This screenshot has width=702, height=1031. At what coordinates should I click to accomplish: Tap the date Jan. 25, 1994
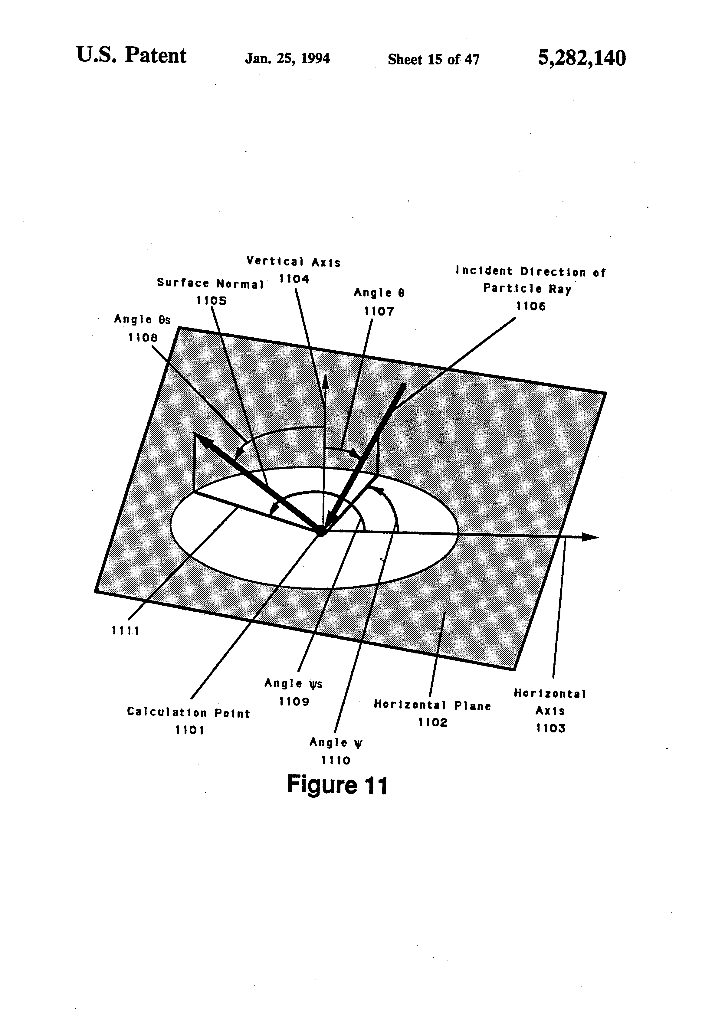(x=287, y=59)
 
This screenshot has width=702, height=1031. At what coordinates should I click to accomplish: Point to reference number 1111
(x=126, y=631)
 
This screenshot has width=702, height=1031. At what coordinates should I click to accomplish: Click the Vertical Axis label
(x=294, y=261)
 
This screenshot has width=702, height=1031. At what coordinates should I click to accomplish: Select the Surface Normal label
(x=210, y=283)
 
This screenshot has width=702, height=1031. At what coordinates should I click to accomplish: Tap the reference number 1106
(x=531, y=306)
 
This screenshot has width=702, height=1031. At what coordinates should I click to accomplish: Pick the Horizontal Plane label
(x=432, y=705)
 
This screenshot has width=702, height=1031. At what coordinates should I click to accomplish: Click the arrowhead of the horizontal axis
(x=590, y=537)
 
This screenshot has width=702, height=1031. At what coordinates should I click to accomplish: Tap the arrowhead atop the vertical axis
(x=325, y=381)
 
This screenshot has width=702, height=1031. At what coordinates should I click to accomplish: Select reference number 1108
(x=143, y=338)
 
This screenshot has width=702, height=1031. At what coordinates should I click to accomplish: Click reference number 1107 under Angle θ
(x=379, y=311)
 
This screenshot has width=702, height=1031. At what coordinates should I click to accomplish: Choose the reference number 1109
(x=294, y=701)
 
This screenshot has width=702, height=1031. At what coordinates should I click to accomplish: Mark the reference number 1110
(x=336, y=760)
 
